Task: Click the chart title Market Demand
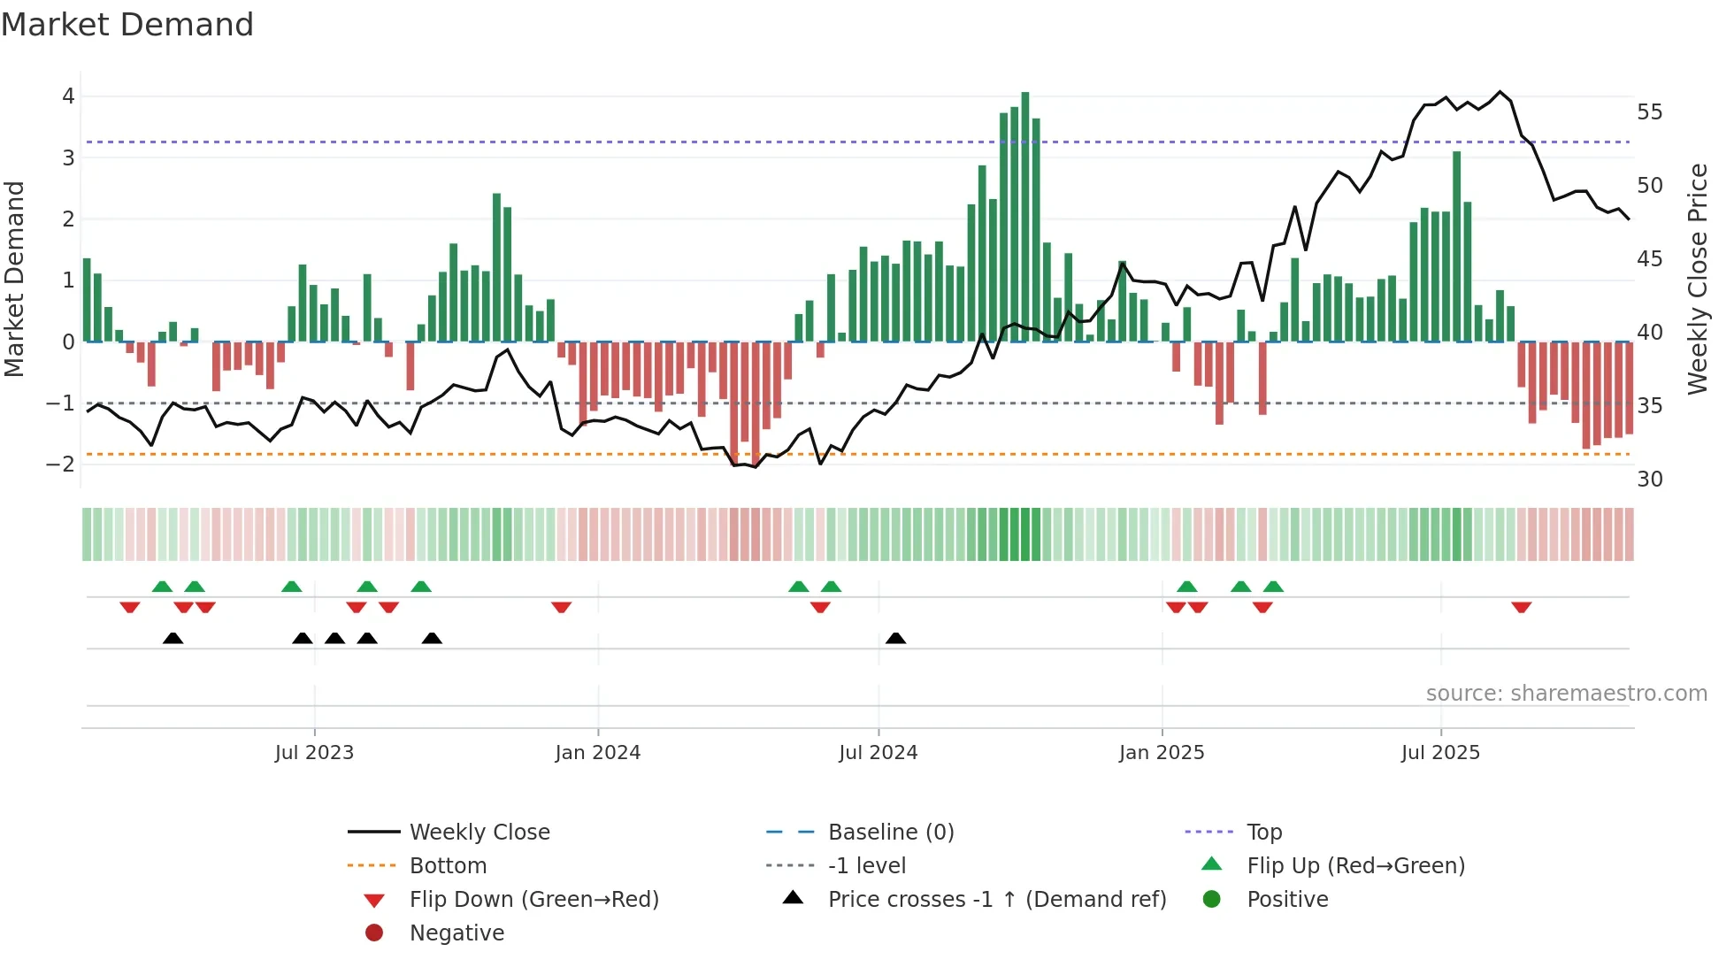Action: tap(127, 25)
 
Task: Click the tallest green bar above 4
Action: tap(1024, 216)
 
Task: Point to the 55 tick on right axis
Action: tap(1649, 112)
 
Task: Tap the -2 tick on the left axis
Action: tap(60, 464)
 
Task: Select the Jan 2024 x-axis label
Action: tap(597, 753)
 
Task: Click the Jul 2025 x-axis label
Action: tap(1439, 753)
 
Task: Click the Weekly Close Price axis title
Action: tap(1697, 279)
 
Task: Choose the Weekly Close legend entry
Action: tap(479, 833)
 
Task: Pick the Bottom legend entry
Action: tap(448, 866)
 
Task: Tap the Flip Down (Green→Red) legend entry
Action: tap(533, 900)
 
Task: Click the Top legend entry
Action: tap(1263, 833)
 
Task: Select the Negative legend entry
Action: tap(457, 933)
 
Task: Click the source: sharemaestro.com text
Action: tap(1566, 694)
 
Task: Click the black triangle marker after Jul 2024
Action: tap(895, 639)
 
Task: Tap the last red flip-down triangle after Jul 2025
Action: tap(1521, 607)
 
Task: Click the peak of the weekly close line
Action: tap(1500, 92)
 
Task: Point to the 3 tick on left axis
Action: tap(68, 158)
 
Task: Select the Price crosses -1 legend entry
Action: tap(996, 900)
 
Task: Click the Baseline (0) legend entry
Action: tap(890, 833)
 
